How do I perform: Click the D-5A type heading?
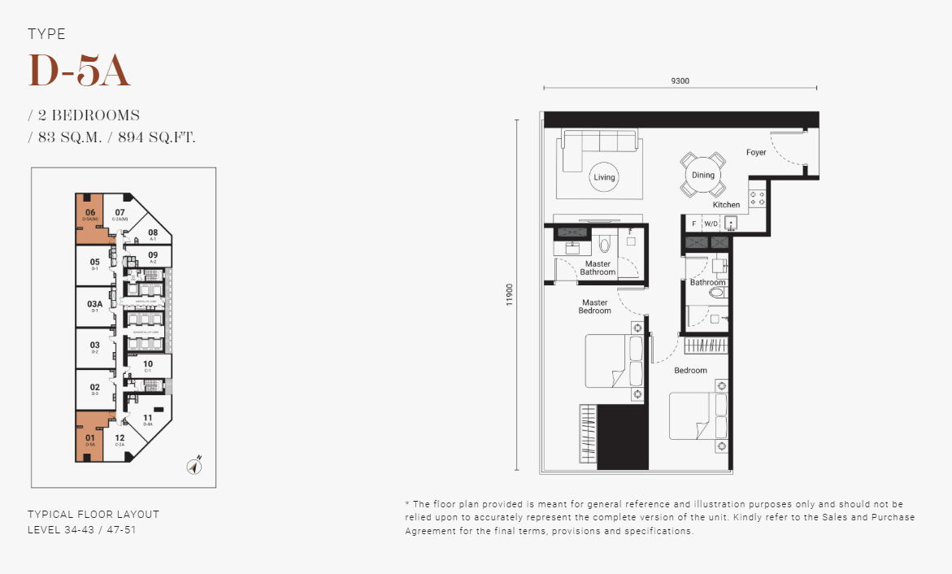(x=79, y=72)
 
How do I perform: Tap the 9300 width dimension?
(x=680, y=80)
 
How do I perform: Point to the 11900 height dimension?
(x=510, y=294)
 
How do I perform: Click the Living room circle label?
(x=604, y=177)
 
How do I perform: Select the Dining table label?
(x=703, y=175)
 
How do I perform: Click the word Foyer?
(x=756, y=152)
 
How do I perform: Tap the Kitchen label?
(x=726, y=205)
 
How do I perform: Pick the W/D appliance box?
(x=711, y=223)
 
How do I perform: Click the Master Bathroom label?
(x=598, y=267)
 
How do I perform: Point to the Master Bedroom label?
(x=594, y=307)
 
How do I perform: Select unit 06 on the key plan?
(x=90, y=214)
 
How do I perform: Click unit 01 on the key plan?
(x=90, y=438)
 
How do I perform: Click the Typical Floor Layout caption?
(x=93, y=515)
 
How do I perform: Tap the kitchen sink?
(x=731, y=223)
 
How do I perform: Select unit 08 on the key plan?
(x=153, y=233)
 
